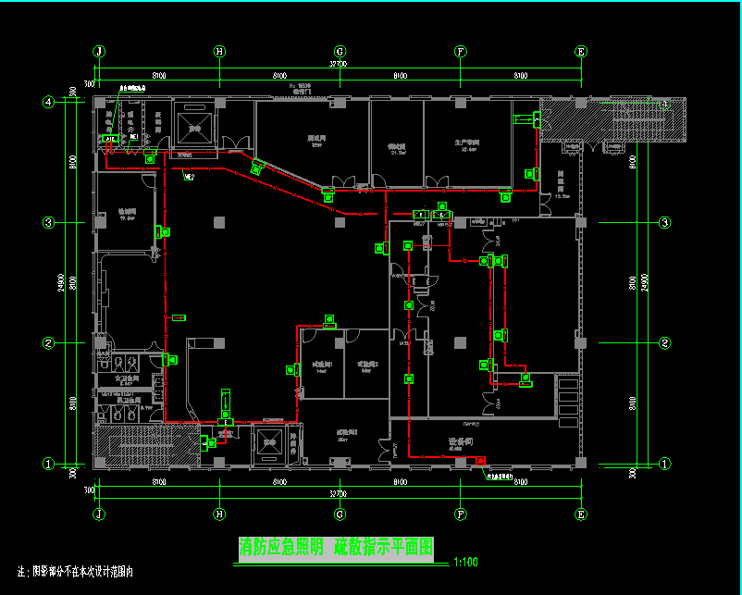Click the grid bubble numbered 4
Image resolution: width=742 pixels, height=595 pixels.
[49, 102]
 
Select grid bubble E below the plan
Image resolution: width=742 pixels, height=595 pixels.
[581, 514]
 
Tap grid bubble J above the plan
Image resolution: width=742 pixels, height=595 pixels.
[98, 52]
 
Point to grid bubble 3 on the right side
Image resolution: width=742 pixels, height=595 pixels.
[664, 223]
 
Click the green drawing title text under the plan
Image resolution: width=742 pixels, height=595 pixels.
[336, 547]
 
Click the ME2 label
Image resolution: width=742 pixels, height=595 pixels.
[189, 176]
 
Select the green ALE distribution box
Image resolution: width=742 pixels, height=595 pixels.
[110, 138]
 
